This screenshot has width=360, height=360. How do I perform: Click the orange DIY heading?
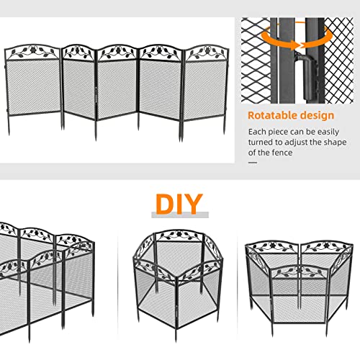179,204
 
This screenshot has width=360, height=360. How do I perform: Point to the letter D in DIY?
163,204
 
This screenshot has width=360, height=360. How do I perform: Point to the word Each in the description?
257,132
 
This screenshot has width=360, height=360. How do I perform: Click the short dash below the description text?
252,163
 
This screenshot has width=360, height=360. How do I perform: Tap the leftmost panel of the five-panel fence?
32,90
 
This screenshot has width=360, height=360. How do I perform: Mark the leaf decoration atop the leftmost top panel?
32,53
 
